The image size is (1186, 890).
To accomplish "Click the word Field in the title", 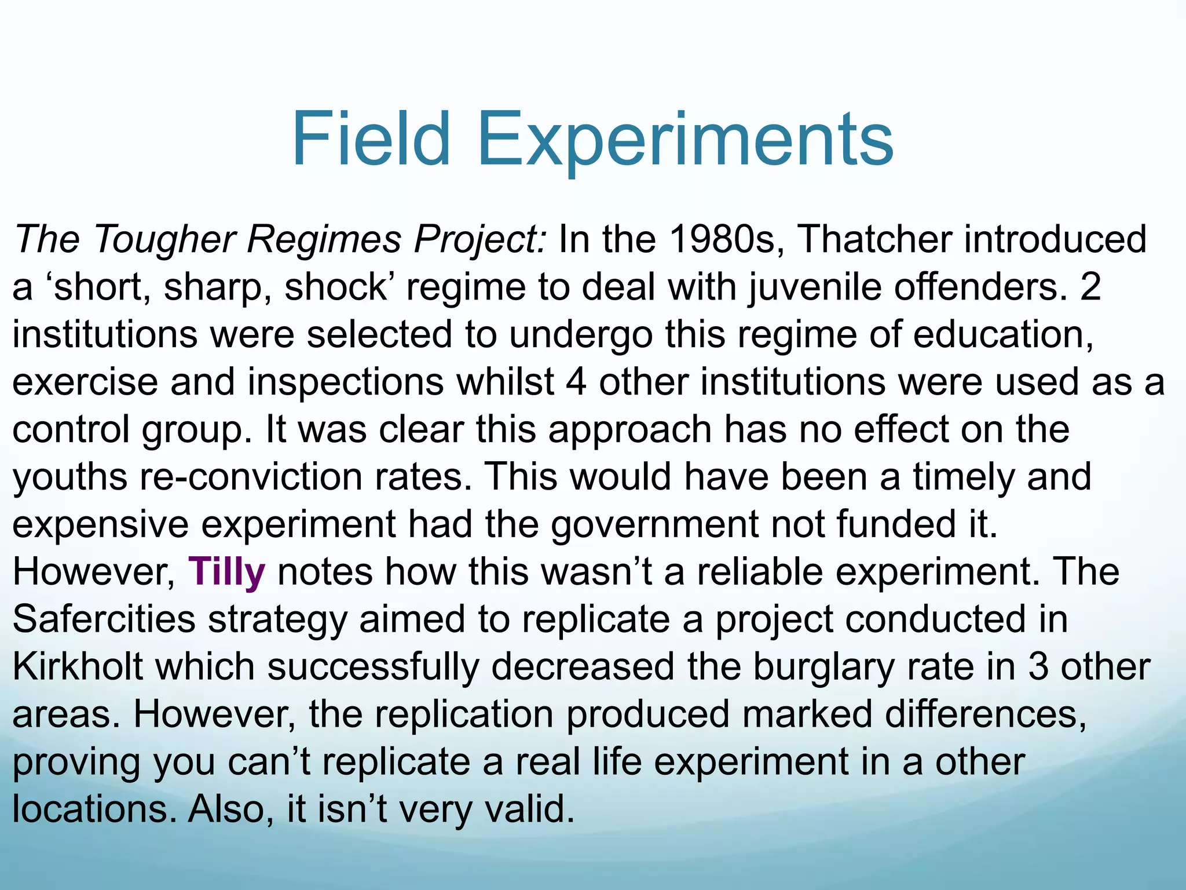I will click(x=371, y=140).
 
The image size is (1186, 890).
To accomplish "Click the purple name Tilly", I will click(x=226, y=572).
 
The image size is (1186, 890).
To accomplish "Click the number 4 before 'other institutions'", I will click(x=576, y=382).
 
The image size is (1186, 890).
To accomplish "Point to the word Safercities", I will click(x=104, y=619).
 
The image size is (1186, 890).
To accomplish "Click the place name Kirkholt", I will click(x=78, y=667).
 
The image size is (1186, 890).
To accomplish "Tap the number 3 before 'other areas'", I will click(x=1038, y=667).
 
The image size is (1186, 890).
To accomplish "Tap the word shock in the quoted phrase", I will click(x=335, y=287).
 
